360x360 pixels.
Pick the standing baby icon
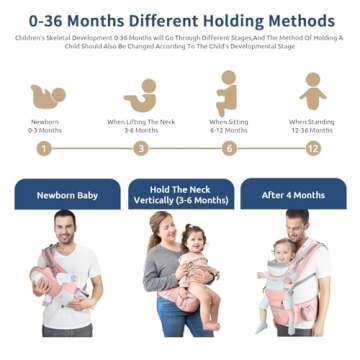313,92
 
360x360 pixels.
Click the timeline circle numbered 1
43,148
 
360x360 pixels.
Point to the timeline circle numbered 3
141,148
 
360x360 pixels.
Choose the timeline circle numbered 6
229,148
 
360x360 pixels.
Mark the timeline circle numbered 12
313,148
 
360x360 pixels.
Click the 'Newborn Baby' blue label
67,195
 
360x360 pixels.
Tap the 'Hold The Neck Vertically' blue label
181,194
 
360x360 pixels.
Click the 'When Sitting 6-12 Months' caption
229,125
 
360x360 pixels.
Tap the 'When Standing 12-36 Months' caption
313,125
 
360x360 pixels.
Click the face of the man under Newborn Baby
65,225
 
